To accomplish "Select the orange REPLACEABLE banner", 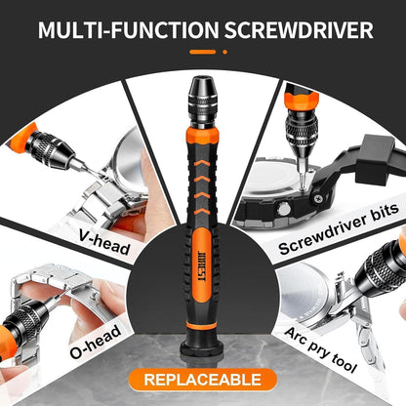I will (x=203, y=379).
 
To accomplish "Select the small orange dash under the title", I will (x=203, y=53).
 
